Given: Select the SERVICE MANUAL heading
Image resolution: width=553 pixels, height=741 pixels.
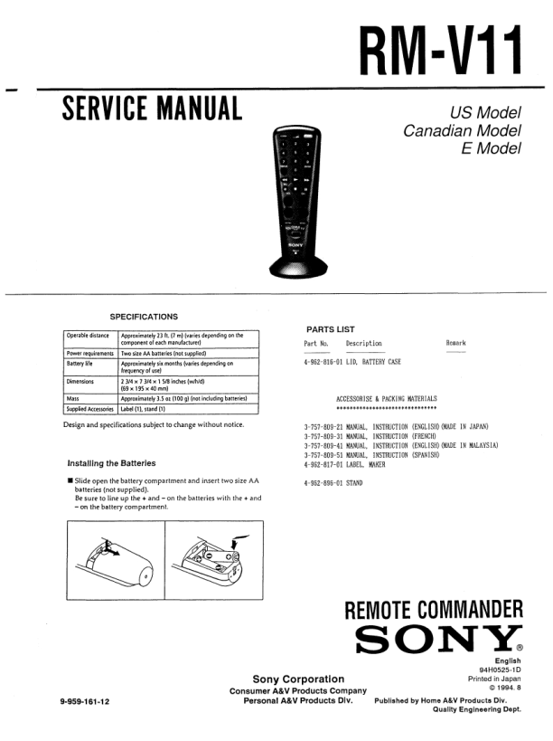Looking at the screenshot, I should click(x=152, y=109).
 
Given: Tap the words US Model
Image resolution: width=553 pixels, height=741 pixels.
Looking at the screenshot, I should click(x=486, y=113).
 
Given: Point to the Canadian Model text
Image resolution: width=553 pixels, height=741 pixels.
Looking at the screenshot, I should click(x=463, y=131).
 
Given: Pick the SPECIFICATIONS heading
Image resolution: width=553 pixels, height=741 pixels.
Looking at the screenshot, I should click(x=144, y=317).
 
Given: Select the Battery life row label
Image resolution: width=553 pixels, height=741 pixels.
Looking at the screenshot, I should click(x=80, y=363).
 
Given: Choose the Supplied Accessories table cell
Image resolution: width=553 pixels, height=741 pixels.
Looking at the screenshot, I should click(x=90, y=408).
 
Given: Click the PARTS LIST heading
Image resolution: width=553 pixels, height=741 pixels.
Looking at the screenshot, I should click(x=331, y=329).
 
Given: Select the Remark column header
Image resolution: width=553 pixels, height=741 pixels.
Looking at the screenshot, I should click(x=457, y=344).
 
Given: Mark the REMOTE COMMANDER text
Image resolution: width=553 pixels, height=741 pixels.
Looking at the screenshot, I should click(x=434, y=611).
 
